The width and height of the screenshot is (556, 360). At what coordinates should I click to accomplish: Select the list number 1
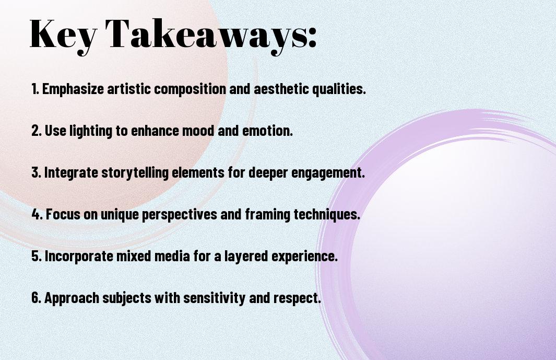(x=35, y=89)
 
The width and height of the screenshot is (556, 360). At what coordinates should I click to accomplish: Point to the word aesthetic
(x=281, y=89)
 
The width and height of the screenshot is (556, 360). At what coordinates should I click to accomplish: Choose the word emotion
(x=267, y=131)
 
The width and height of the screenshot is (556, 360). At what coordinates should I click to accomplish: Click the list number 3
(x=36, y=172)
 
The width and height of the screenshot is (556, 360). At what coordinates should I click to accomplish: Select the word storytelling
(x=135, y=173)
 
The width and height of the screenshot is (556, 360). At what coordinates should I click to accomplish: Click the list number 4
(x=37, y=214)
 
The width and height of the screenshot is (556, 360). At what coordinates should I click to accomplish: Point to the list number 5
(x=37, y=256)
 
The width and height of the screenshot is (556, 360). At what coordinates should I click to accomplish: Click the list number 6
(x=37, y=298)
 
